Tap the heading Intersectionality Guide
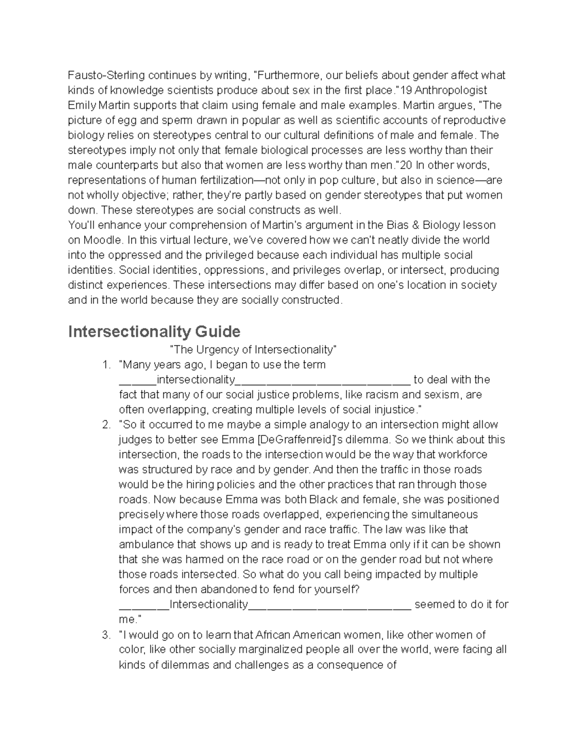point(154,332)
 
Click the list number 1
point(106,365)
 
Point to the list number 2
point(106,424)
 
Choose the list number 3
point(106,635)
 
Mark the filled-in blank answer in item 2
point(209,604)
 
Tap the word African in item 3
point(273,635)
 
